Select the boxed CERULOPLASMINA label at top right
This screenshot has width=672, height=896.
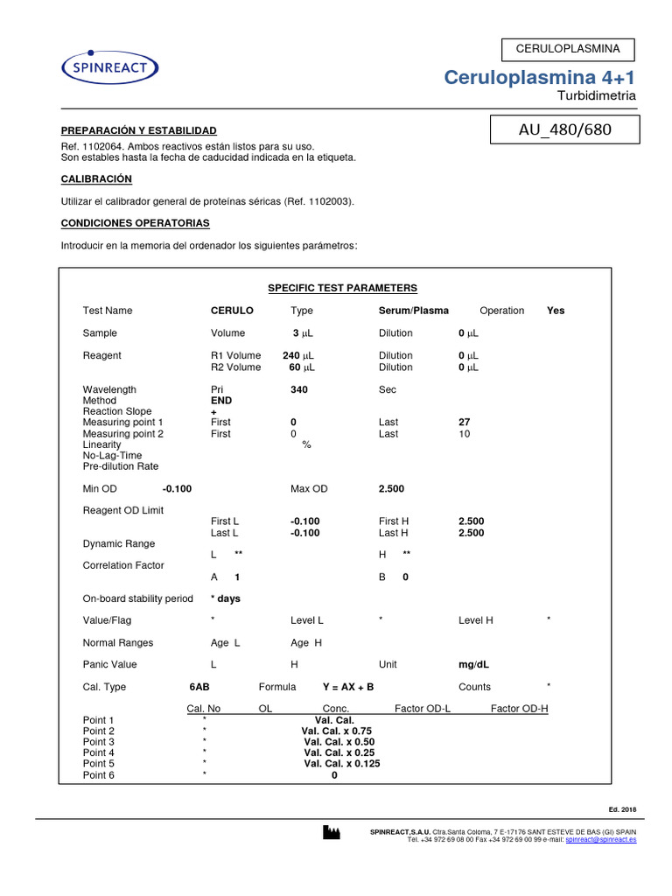click(568, 49)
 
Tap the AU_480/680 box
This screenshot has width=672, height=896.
click(565, 130)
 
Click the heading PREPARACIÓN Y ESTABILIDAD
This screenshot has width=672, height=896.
click(137, 129)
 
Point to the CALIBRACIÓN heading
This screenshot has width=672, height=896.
click(96, 178)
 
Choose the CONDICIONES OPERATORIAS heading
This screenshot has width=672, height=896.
click(135, 223)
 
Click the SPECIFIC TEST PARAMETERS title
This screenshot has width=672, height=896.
click(342, 288)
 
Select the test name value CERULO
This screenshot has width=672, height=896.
click(232, 311)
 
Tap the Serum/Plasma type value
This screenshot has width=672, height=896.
click(413, 311)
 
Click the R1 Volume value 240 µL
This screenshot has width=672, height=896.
click(297, 356)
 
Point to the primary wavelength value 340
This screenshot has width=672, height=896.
click(298, 389)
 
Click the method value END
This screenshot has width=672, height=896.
click(221, 401)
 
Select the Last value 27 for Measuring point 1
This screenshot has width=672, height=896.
click(465, 423)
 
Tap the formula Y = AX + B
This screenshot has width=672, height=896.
click(347, 687)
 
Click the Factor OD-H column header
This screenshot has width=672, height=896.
click(519, 709)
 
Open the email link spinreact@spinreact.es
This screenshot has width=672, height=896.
click(600, 839)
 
